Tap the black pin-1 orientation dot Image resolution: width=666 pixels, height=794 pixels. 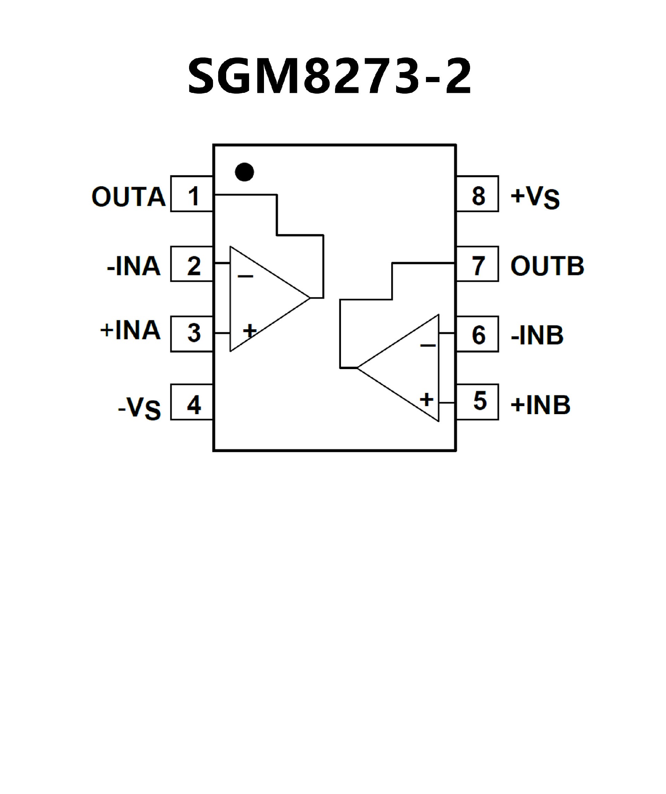(x=245, y=172)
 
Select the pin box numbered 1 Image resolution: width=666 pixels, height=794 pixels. (x=192, y=194)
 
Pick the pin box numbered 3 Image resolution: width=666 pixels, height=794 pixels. (x=192, y=334)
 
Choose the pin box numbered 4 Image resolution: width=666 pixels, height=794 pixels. (x=192, y=402)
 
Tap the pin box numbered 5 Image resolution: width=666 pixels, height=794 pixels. (x=478, y=402)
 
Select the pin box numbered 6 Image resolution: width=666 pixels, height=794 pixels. (x=478, y=334)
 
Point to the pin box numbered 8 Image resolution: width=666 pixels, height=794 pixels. (x=478, y=194)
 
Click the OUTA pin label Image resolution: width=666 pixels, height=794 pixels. (x=129, y=197)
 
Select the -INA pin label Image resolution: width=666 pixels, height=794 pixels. (x=134, y=266)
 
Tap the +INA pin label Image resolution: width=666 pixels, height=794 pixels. (x=130, y=330)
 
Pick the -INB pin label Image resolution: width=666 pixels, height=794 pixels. (x=537, y=335)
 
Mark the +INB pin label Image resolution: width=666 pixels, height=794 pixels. (x=540, y=404)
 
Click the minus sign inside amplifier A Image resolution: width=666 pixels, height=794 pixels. (x=245, y=276)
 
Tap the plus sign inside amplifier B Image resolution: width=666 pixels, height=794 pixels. (x=426, y=399)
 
